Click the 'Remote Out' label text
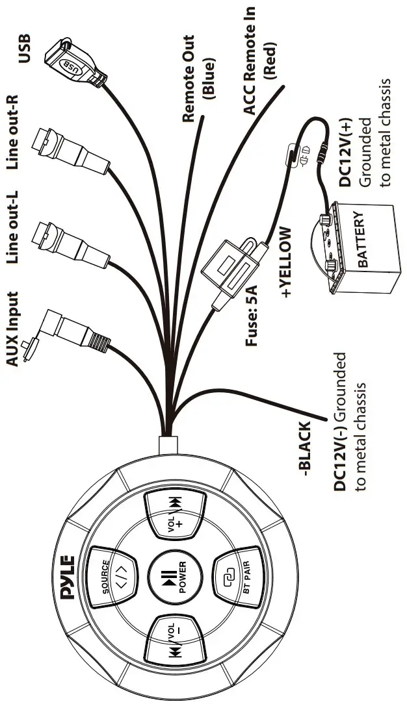189,79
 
